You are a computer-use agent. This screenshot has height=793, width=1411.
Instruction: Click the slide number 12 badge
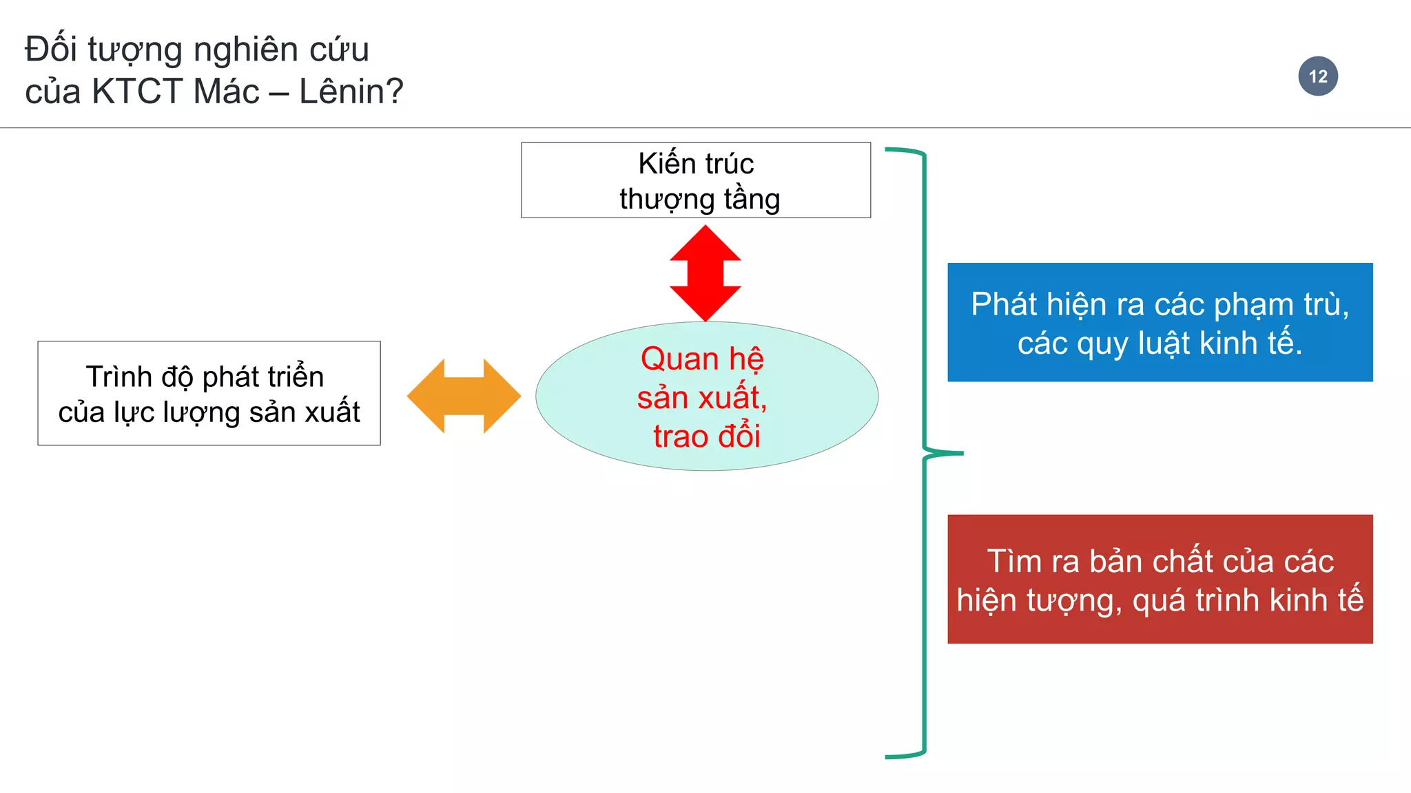coord(1317,76)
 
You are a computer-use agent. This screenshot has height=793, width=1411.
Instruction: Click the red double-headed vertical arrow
coord(705,273)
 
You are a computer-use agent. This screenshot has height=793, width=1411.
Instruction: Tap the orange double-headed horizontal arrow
coord(464,396)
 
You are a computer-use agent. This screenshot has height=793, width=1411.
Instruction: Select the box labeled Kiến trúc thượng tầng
coord(696,180)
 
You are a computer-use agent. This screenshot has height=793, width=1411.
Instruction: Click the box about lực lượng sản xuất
coord(209,393)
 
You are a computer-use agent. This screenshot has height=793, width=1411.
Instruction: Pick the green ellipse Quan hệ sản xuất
coord(706,396)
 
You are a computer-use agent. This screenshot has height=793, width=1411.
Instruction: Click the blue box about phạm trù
coord(1160,322)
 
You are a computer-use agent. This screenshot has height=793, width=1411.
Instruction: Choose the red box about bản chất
coord(1160,579)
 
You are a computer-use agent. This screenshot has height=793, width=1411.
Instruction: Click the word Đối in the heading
coord(51,50)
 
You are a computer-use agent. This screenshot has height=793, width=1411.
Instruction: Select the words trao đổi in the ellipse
coord(706,436)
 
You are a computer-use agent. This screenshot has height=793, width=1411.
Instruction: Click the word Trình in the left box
coord(119,377)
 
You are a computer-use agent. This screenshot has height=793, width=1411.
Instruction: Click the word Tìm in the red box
coord(1014,561)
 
